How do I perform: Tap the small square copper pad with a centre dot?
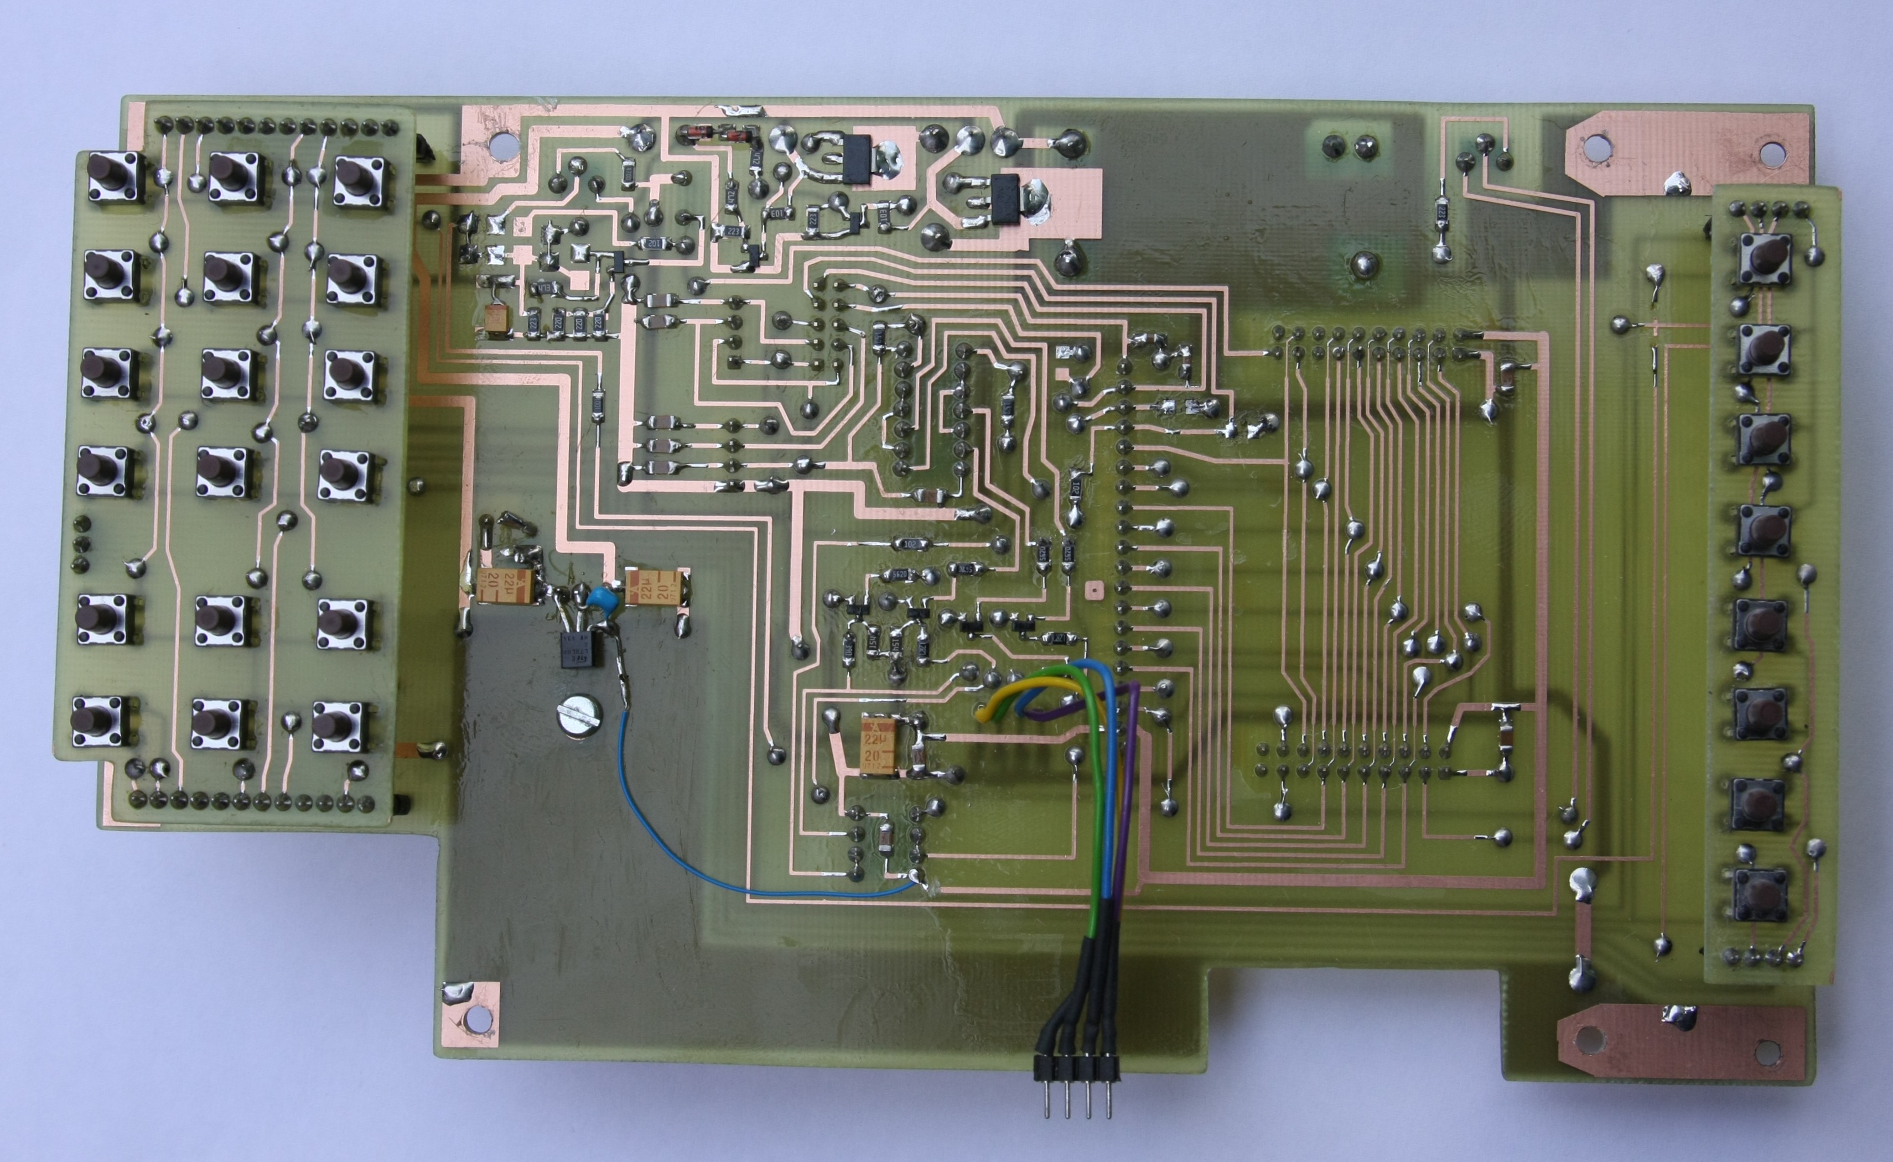click(1091, 590)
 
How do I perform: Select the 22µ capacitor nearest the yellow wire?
click(881, 742)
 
